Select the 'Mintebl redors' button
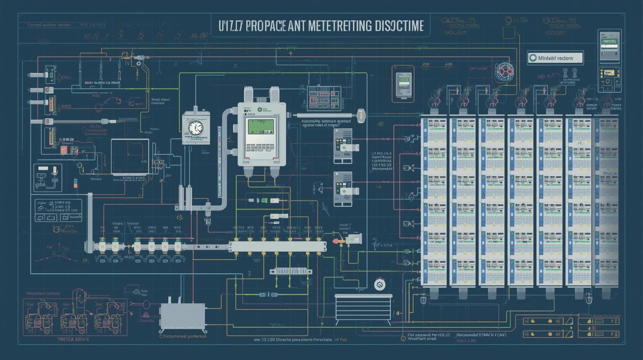click(555, 58)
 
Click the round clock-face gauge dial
click(195, 128)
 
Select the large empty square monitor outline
click(130, 156)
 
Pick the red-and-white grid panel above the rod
click(324, 98)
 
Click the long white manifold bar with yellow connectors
click(277, 246)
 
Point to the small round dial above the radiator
click(379, 285)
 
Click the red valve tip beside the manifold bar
click(334, 241)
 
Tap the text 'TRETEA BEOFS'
click(73, 339)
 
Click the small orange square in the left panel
click(63, 150)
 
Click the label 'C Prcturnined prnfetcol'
click(182, 336)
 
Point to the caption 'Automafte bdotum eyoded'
click(326, 121)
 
